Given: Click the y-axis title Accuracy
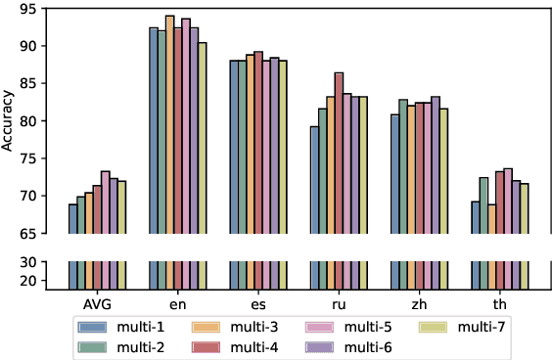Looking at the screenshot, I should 10,119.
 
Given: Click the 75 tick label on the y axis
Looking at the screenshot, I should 28,158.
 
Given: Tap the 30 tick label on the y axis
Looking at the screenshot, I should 28,262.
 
